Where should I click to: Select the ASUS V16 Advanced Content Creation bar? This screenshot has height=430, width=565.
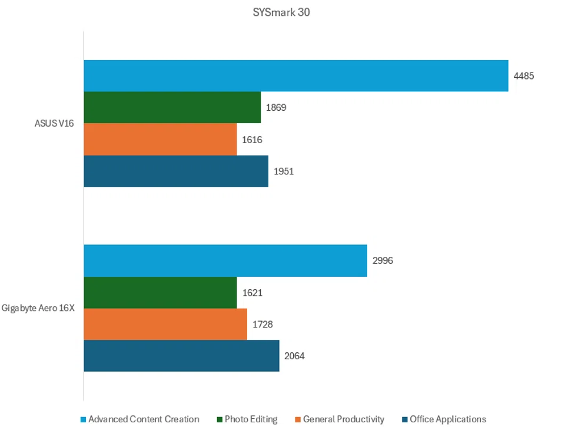point(295,76)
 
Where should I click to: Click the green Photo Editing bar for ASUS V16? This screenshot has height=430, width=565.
point(172,107)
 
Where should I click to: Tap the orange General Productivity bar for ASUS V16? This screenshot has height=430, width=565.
point(160,140)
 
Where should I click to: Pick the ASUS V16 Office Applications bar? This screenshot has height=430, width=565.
point(175,171)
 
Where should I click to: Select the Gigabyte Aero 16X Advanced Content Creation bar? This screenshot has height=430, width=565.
point(225,261)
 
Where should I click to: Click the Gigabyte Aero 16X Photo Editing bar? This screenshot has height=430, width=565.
point(160,293)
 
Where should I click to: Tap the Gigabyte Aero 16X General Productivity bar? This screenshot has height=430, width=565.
point(165,325)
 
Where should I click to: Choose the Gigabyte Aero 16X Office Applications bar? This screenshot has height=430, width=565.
point(181,356)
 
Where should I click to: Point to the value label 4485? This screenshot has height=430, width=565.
point(524,76)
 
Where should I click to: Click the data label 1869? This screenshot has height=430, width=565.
point(276,108)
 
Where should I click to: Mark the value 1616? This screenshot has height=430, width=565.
point(252,140)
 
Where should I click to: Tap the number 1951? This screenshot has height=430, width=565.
point(284,171)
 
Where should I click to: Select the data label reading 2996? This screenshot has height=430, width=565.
point(383,261)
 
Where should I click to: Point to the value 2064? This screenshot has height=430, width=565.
point(295,356)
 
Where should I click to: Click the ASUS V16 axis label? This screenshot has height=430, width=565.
point(54,124)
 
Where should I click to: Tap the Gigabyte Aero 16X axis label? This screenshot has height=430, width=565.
point(38,309)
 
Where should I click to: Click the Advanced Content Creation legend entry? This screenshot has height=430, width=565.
point(143,419)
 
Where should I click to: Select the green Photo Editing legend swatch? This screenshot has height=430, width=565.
point(220,420)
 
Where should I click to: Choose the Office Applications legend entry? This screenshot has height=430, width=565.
point(447,419)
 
